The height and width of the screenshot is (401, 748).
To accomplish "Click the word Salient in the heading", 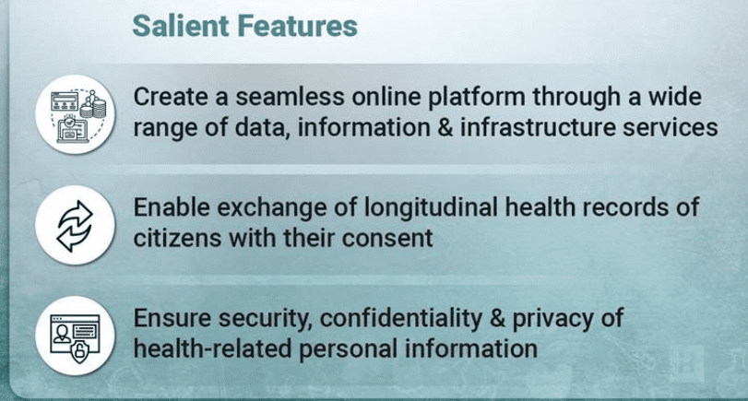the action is (181, 26).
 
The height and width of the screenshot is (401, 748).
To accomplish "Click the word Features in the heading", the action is (297, 26).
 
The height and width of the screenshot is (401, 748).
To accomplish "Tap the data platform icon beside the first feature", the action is (76, 114).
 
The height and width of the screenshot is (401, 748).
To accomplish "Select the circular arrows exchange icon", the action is (76, 226).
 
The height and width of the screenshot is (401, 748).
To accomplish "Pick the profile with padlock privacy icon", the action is (76, 336).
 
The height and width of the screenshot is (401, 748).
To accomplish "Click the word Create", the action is (171, 98).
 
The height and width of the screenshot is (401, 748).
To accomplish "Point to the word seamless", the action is (290, 98).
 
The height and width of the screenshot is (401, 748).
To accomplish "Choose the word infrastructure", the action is (538, 128).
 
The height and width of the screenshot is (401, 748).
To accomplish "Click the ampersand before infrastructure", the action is (445, 128).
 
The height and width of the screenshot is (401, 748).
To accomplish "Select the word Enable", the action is (172, 208).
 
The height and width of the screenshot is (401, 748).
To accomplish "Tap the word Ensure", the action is (172, 319).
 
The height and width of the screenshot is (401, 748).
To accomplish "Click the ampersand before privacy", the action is (497, 319).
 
